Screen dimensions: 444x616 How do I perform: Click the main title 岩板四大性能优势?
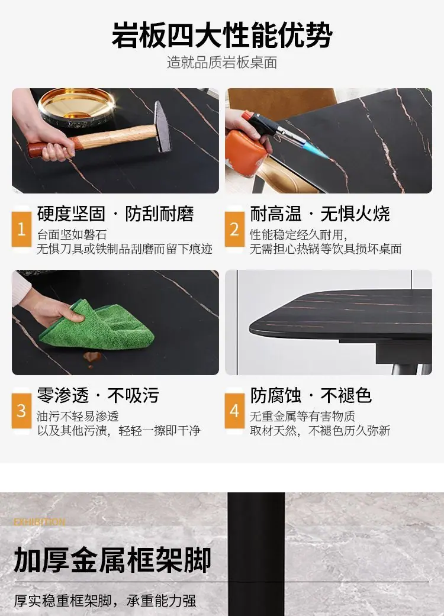click(x=222, y=36)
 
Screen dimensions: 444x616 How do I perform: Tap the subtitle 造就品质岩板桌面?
click(x=222, y=63)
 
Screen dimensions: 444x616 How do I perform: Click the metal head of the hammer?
click(x=162, y=126)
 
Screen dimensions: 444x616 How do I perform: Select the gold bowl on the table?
click(x=76, y=104)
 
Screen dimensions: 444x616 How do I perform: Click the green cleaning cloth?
click(x=96, y=325)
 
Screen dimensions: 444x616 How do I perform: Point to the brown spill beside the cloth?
click(x=92, y=357)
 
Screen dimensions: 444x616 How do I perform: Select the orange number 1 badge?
click(x=22, y=230)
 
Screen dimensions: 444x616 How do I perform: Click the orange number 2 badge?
click(x=234, y=230)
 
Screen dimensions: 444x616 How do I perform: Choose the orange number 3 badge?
click(x=22, y=411)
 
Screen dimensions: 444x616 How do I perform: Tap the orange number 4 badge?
click(x=234, y=411)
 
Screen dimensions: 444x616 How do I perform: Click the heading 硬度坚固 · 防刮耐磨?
click(x=115, y=214)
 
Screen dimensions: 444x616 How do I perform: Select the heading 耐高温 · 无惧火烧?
click(x=320, y=214)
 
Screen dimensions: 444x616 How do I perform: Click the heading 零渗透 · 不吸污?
click(x=98, y=396)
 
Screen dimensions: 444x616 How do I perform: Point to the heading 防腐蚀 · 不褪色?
click(x=311, y=396)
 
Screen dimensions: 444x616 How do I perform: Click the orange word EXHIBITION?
click(x=39, y=522)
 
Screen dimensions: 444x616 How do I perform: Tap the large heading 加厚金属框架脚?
click(x=112, y=560)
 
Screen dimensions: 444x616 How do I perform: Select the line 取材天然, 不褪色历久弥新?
click(x=320, y=431)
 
